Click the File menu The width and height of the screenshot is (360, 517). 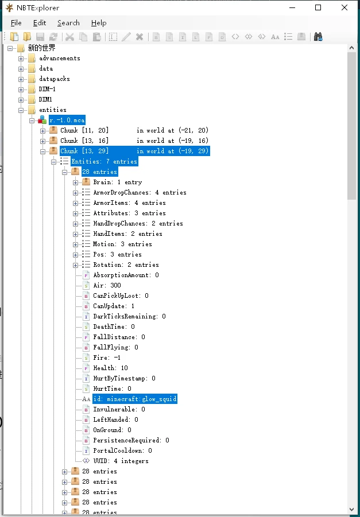click(x=16, y=23)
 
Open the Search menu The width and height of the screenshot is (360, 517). click(x=68, y=23)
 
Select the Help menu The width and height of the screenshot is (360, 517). click(x=99, y=23)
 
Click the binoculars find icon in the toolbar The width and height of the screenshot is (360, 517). click(x=318, y=37)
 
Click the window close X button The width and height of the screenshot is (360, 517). click(x=344, y=7)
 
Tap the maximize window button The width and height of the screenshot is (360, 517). click(x=318, y=7)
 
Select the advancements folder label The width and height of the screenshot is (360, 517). click(x=59, y=58)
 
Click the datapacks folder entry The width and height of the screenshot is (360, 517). click(x=55, y=79)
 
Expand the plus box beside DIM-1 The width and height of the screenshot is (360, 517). click(x=21, y=90)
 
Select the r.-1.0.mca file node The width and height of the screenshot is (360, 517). click(x=67, y=120)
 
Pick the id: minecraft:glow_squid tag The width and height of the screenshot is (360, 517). click(x=135, y=399)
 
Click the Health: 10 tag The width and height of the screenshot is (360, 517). click(x=111, y=368)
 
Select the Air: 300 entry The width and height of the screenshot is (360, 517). click(x=107, y=285)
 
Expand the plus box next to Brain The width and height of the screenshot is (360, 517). click(x=76, y=182)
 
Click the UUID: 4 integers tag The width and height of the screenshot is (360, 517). click(x=121, y=461)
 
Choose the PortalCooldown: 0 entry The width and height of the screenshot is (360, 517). click(x=122, y=451)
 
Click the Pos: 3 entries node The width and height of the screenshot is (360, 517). click(x=117, y=255)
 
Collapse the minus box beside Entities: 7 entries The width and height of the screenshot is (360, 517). click(x=54, y=162)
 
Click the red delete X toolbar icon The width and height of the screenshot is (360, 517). click(x=140, y=37)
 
